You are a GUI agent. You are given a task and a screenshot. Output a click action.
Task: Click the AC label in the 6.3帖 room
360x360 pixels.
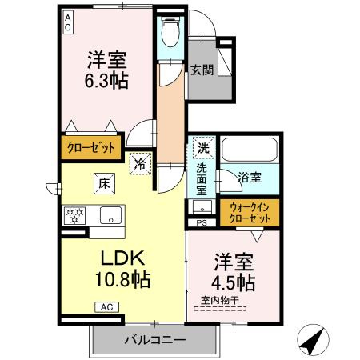tap(68, 22)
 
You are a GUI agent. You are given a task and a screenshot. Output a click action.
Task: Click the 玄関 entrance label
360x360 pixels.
tap(201, 70)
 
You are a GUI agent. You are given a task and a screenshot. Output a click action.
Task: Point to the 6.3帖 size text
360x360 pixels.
tap(107, 80)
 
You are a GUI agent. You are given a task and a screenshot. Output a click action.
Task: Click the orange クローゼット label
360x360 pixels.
tap(90, 147)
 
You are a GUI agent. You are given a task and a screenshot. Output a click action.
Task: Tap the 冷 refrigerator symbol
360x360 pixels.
tap(140, 164)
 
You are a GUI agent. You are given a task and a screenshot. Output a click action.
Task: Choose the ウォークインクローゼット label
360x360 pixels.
tap(249, 211)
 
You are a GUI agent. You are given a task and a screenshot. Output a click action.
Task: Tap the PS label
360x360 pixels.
tap(202, 223)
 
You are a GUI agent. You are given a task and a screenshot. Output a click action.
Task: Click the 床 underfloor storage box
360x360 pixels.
tap(105, 183)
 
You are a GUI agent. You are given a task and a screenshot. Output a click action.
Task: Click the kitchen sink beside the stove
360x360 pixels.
tap(111, 214)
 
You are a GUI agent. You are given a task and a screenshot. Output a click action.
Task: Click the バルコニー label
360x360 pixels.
tap(155, 340)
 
